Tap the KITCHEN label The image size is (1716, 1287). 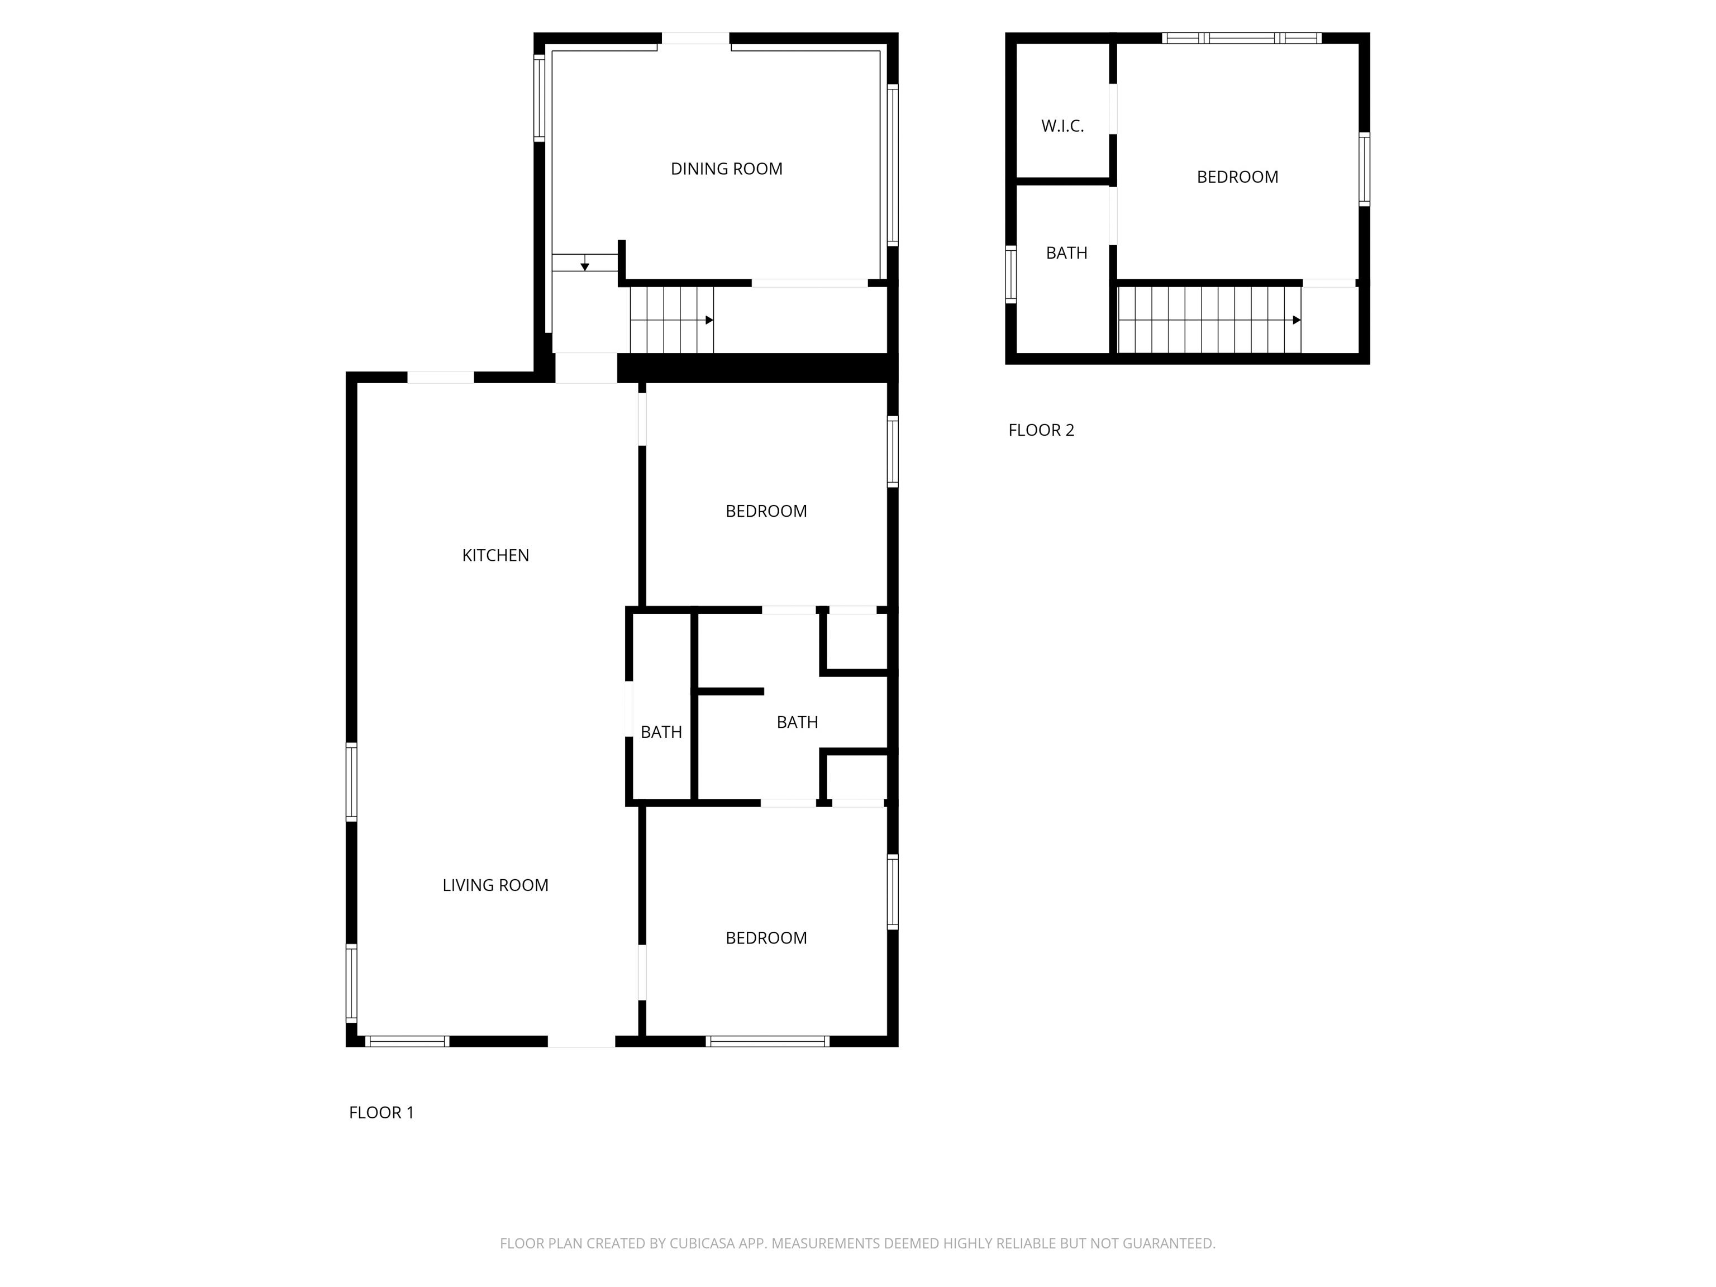495,555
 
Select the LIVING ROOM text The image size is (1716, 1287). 495,885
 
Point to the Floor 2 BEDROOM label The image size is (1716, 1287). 1237,177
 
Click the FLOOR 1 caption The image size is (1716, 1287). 381,1113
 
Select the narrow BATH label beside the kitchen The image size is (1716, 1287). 661,732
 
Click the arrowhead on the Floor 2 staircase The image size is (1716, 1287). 1296,320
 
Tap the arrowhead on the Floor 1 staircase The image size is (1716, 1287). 709,320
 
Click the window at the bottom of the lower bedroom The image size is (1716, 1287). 768,1041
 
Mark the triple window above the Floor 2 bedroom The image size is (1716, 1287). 1241,38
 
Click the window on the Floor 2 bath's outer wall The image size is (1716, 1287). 1011,274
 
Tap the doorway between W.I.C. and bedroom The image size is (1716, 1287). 1113,108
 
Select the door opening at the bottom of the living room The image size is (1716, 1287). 582,1041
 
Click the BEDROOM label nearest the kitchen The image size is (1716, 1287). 766,511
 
